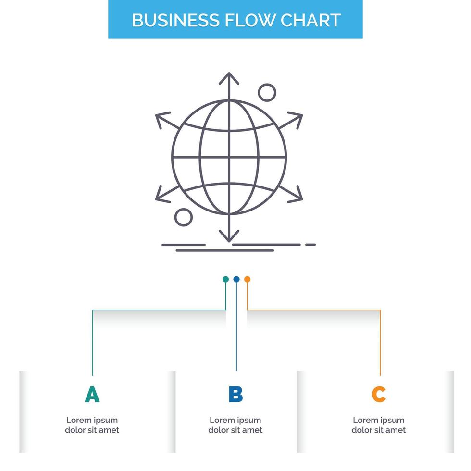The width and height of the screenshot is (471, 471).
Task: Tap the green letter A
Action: (92, 395)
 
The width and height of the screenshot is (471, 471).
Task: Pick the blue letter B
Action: (235, 395)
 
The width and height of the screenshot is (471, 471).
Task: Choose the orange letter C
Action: (379, 395)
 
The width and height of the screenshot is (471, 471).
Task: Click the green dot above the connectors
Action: (225, 279)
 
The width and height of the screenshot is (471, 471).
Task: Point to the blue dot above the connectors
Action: (236, 279)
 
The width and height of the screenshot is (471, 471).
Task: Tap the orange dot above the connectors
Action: (247, 279)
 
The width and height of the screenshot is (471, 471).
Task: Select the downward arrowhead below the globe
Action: (229, 236)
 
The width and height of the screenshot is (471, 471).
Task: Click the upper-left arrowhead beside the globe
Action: (161, 117)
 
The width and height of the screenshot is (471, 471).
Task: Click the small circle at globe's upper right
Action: (267, 92)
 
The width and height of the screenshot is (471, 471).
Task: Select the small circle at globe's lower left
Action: (183, 217)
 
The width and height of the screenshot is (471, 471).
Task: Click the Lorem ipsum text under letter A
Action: (92, 425)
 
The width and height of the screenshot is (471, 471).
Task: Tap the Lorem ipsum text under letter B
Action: (235, 425)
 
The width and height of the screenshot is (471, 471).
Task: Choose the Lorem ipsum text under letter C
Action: (379, 425)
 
